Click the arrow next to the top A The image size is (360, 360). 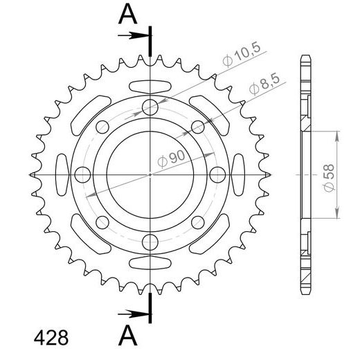coord(134,35)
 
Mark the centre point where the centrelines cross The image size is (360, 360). coord(151,174)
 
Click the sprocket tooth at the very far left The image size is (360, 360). coord(33,174)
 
